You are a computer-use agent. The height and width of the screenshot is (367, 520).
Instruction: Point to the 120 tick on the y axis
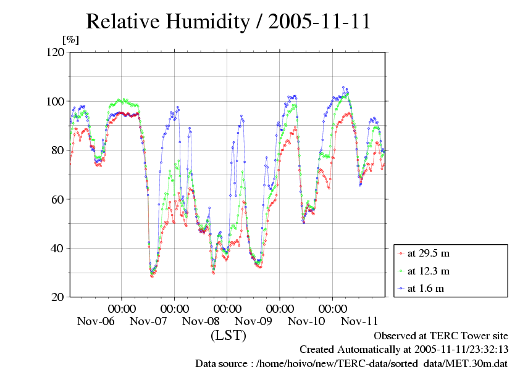(57, 52)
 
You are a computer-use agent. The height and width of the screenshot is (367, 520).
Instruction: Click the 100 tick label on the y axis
(57, 101)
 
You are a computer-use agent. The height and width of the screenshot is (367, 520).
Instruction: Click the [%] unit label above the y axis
(71, 40)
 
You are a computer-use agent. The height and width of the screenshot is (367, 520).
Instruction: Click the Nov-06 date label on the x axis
(96, 321)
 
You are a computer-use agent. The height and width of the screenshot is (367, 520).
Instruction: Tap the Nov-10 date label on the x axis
(306, 321)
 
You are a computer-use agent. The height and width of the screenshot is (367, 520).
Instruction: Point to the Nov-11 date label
(359, 321)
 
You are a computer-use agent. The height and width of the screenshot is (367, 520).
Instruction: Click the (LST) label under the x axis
(228, 336)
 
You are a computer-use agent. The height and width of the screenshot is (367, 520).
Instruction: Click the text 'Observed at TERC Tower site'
(441, 336)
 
